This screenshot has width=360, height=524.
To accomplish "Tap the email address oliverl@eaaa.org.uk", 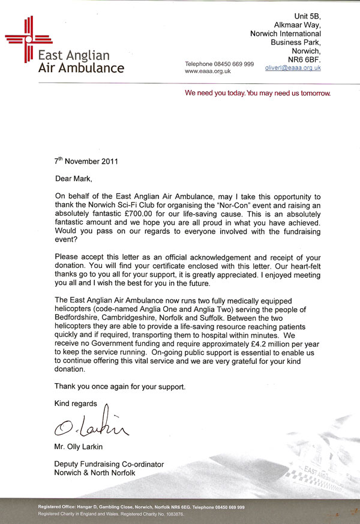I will (x=293, y=68).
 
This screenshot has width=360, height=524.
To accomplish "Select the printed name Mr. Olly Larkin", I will (x=83, y=447).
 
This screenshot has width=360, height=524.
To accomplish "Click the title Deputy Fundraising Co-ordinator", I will (x=109, y=465).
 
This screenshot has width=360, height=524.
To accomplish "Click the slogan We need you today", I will (x=257, y=94).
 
